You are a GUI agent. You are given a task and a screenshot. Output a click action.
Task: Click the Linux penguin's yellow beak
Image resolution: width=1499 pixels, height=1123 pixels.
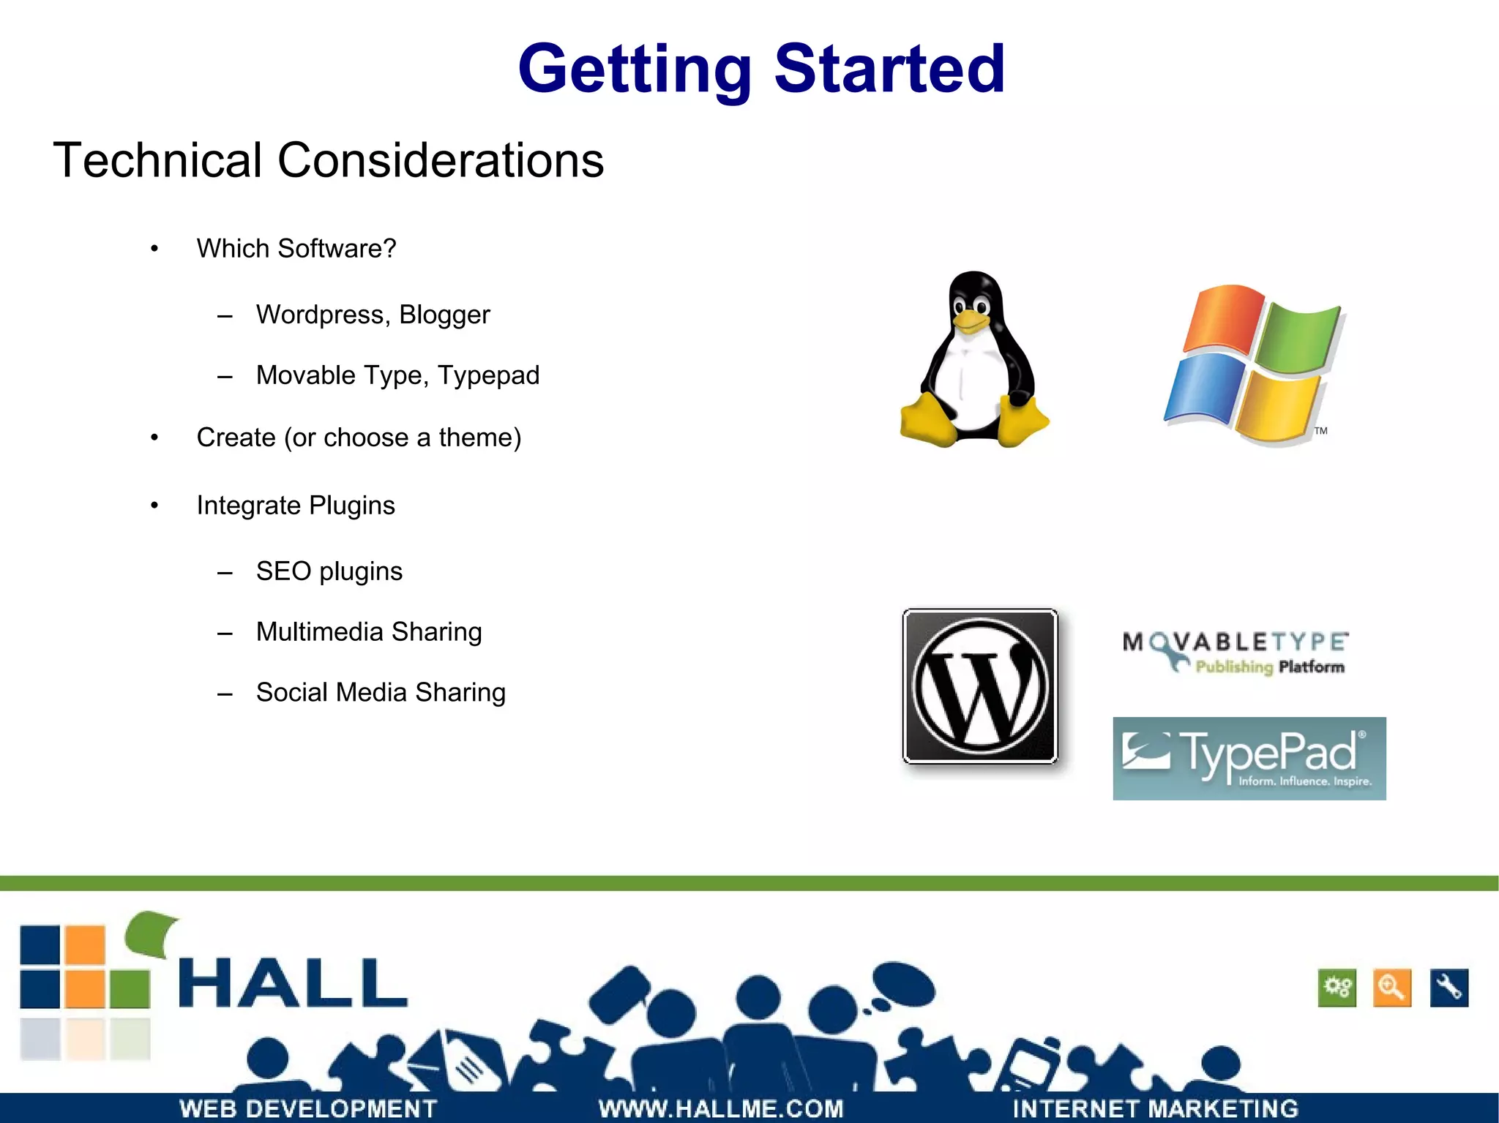tap(971, 320)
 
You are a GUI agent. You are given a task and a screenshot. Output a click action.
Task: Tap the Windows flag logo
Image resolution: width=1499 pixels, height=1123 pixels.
tap(1254, 364)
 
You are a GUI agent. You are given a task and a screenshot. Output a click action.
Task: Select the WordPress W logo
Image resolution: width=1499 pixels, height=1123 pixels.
tap(980, 686)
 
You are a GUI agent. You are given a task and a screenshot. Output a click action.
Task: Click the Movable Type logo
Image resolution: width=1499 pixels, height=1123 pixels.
tap(1235, 651)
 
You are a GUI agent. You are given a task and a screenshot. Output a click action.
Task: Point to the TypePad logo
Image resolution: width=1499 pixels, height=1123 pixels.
tap(1249, 758)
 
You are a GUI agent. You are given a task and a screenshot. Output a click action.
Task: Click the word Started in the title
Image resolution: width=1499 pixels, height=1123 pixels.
tap(889, 69)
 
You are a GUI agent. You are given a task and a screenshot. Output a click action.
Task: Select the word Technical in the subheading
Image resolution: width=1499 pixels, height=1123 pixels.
tap(157, 160)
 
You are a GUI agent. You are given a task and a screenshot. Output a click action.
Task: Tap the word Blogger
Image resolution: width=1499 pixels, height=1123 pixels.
tap(444, 315)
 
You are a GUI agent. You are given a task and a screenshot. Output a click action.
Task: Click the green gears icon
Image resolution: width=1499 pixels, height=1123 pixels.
tap(1337, 988)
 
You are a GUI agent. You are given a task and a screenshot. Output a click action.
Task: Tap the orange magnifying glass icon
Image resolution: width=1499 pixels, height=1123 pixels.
tap(1391, 988)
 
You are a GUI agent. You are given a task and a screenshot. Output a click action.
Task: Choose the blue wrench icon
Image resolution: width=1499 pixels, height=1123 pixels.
tap(1448, 988)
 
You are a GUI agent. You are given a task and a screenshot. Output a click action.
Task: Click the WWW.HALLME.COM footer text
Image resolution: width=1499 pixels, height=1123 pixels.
tap(721, 1108)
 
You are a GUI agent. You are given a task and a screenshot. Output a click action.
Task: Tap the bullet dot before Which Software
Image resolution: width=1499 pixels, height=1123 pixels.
tap(154, 249)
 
